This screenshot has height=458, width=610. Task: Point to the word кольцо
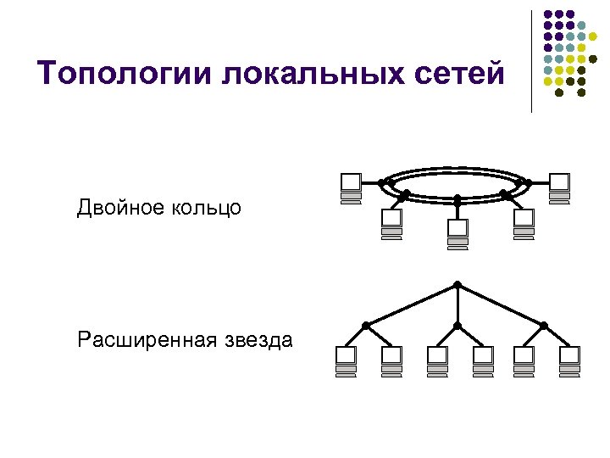pyautogui.click(x=208, y=207)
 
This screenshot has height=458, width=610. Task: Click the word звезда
pyautogui.click(x=259, y=341)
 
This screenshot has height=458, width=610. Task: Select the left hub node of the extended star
pyautogui.click(x=366, y=325)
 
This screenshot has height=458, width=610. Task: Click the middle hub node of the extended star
pyautogui.click(x=457, y=325)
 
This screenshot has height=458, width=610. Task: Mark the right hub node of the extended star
pyautogui.click(x=544, y=325)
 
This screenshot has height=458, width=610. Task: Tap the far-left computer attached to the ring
pyautogui.click(x=350, y=185)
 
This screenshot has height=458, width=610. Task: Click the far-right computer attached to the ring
pyautogui.click(x=559, y=185)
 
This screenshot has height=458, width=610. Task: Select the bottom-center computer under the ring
pyautogui.click(x=457, y=231)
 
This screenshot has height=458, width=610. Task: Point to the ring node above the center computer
pyautogui.click(x=457, y=199)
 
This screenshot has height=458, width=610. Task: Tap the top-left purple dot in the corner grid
pyautogui.click(x=547, y=14)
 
